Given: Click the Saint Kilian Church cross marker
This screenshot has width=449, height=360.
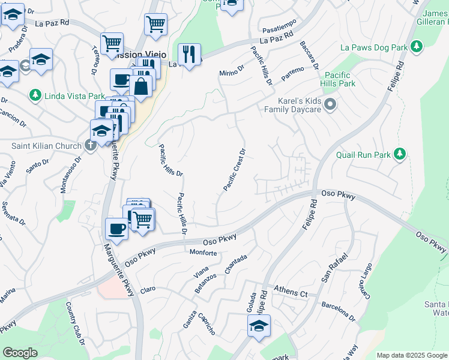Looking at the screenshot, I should tap(90, 145).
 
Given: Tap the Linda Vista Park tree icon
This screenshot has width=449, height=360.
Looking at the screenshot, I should tap(35, 95).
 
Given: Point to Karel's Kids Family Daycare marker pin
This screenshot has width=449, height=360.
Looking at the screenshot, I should tap(330, 106).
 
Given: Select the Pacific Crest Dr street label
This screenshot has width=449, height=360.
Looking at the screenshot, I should tap(235, 170).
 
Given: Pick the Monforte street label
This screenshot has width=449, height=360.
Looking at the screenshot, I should tap(203, 253).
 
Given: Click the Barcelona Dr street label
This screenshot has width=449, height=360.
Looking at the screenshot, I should tap(339, 308).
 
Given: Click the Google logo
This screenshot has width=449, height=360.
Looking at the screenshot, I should tap(20, 353).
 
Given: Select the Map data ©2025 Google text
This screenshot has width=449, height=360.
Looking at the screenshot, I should tap(411, 355).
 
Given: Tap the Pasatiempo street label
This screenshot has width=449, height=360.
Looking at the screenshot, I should tap(279, 29).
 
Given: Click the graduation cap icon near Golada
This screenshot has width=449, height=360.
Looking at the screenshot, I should tap(259, 326).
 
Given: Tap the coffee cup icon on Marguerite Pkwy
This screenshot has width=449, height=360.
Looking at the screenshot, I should tap(116, 228).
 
